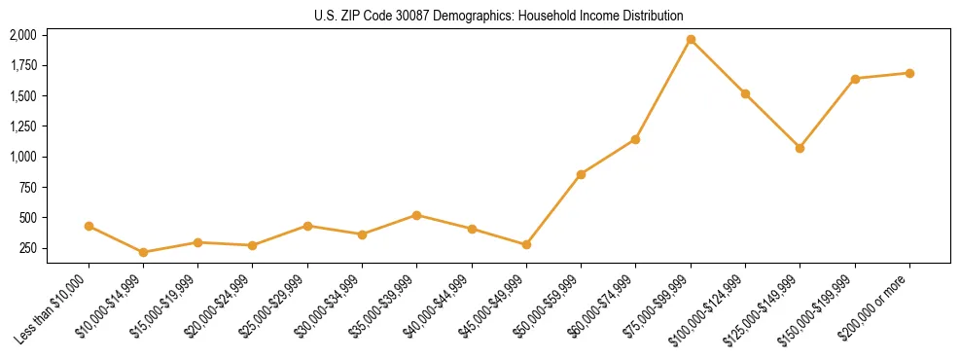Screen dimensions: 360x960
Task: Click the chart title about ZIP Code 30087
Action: click(499, 16)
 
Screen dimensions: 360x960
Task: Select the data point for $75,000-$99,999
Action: click(691, 40)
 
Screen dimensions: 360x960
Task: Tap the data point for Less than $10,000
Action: click(89, 226)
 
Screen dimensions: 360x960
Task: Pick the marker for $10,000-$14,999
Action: click(144, 252)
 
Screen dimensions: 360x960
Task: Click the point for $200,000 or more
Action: click(909, 73)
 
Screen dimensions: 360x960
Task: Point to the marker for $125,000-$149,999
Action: click(800, 148)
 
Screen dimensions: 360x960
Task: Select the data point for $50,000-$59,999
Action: click(581, 174)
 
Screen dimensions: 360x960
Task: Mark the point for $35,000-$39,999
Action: click(417, 215)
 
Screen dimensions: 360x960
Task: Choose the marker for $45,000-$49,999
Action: click(526, 245)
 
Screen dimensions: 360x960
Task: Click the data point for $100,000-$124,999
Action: click(745, 93)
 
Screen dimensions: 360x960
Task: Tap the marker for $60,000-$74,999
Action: click(635, 139)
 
